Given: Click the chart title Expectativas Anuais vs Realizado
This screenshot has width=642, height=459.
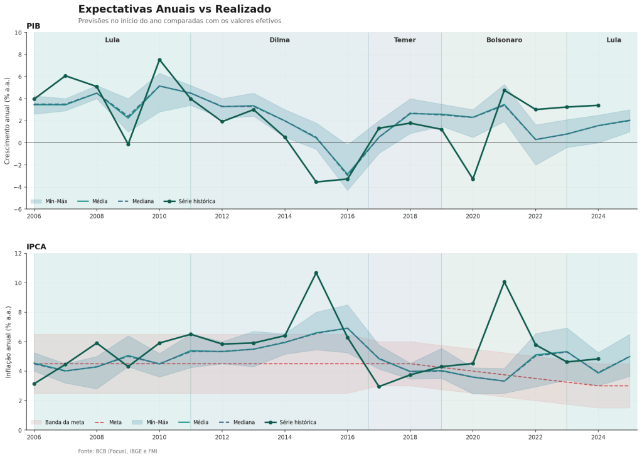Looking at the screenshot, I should [x=174, y=9].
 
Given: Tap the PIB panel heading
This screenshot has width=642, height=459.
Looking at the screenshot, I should [x=33, y=26].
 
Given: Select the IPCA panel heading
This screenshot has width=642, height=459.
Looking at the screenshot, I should [x=36, y=247].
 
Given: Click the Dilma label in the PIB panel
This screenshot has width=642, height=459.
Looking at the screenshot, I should [x=279, y=40].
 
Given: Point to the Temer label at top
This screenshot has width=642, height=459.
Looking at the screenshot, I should [x=405, y=40].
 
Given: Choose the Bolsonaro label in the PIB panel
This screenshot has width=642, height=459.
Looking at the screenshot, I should [x=504, y=40].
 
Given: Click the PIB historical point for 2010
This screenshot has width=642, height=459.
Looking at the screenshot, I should [x=159, y=60].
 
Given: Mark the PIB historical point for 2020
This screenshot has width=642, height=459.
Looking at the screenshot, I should [x=473, y=179].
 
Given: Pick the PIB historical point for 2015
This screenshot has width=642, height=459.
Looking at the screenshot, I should [x=316, y=182].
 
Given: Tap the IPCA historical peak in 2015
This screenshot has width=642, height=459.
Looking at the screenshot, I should [x=316, y=273].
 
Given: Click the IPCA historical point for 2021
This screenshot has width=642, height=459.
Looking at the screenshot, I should [x=504, y=282].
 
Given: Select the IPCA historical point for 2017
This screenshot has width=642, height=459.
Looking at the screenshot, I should [x=379, y=387].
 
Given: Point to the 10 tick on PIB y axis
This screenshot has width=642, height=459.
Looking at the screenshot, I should [x=19, y=33].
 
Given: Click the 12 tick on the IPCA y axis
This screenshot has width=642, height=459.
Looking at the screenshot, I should [x=19, y=254].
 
